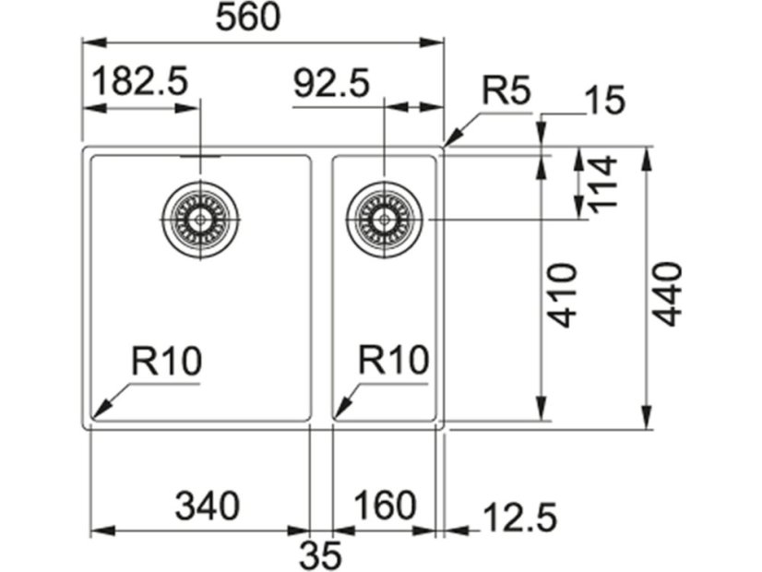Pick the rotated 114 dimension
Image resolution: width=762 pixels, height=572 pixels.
[x=601, y=185]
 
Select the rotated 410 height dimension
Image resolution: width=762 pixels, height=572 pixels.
[x=564, y=295]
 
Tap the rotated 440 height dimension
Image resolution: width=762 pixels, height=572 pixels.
[x=666, y=293]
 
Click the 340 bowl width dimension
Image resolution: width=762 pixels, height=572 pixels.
[x=208, y=506]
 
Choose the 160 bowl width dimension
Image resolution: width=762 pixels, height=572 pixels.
[x=384, y=506]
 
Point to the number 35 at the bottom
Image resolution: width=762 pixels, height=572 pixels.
[x=321, y=555]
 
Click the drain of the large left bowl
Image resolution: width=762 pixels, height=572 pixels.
[x=200, y=220]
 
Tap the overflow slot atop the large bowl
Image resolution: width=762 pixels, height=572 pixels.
[x=200, y=157]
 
